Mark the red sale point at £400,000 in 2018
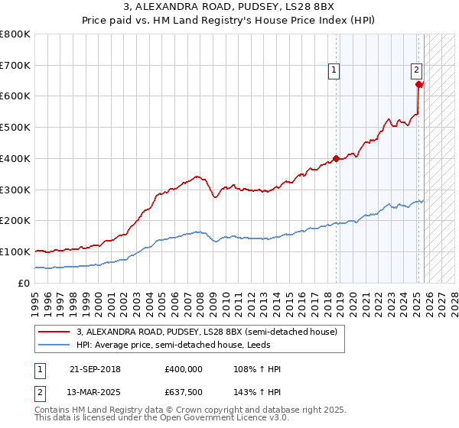point(336,159)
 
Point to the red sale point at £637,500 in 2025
point(419,85)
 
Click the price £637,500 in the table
point(184,392)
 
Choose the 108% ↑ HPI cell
point(259,369)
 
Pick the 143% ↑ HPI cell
point(259,392)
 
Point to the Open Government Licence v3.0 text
point(222,419)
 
